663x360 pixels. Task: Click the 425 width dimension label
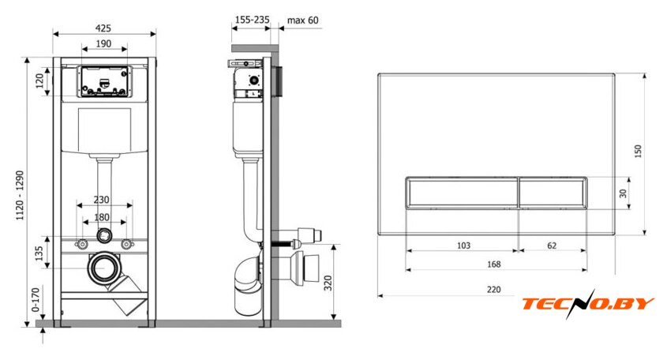pyautogui.click(x=103, y=28)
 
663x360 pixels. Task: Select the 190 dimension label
pyautogui.click(x=103, y=43)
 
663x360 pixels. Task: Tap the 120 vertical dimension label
pyautogui.click(x=39, y=81)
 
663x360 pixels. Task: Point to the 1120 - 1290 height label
pyautogui.click(x=20, y=196)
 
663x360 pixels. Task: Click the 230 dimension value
pyautogui.click(x=102, y=200)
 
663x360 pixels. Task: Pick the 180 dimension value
pyautogui.click(x=102, y=217)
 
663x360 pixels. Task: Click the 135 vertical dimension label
pyautogui.click(x=39, y=253)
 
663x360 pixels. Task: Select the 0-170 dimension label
pyautogui.click(x=36, y=299)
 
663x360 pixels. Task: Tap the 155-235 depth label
pyautogui.click(x=252, y=20)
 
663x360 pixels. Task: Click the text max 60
pyautogui.click(x=303, y=20)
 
